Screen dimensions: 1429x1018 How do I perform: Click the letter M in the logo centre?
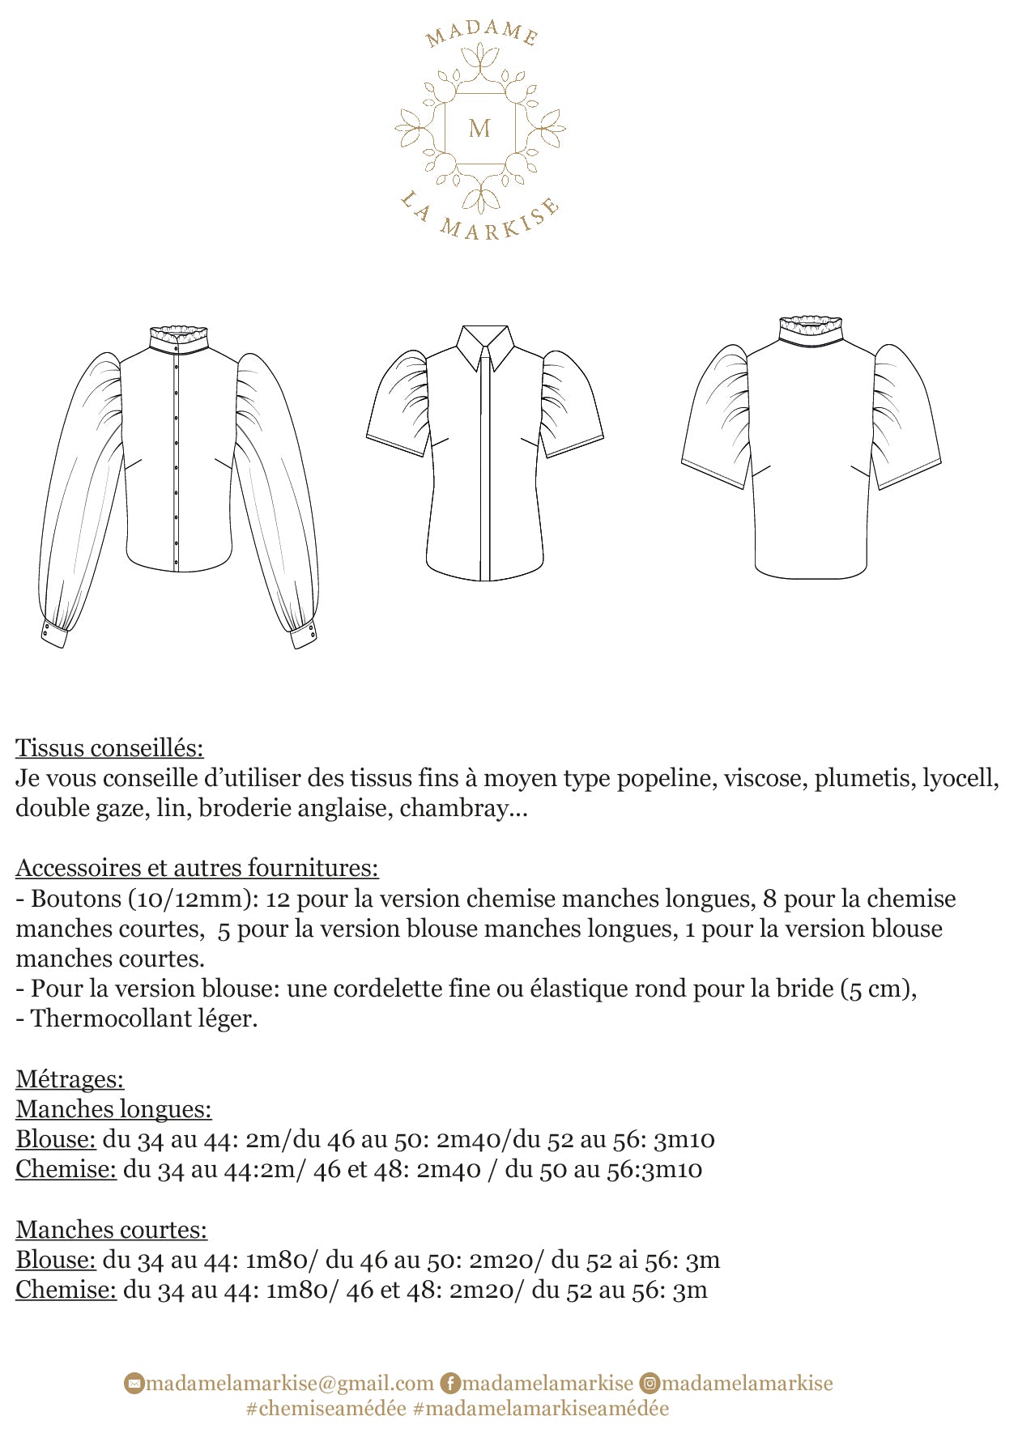pyautogui.click(x=479, y=128)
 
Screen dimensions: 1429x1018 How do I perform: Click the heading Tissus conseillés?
pyautogui.click(x=109, y=747)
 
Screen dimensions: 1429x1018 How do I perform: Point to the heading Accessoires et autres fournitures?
pyautogui.click(x=197, y=868)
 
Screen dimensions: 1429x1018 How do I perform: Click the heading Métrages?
pyautogui.click(x=70, y=1079)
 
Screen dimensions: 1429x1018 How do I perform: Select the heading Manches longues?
pyautogui.click(x=113, y=1109)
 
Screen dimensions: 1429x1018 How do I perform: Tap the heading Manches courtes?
pyautogui.click(x=111, y=1230)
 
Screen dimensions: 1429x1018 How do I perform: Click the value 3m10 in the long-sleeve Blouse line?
pyautogui.click(x=684, y=1140)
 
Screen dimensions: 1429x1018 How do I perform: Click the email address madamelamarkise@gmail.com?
pyautogui.click(x=290, y=1383)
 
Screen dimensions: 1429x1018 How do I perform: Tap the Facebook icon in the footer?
pyautogui.click(x=449, y=1383)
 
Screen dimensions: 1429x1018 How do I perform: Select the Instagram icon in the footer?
pyautogui.click(x=649, y=1383)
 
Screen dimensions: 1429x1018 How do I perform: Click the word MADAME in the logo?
pyautogui.click(x=481, y=32)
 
